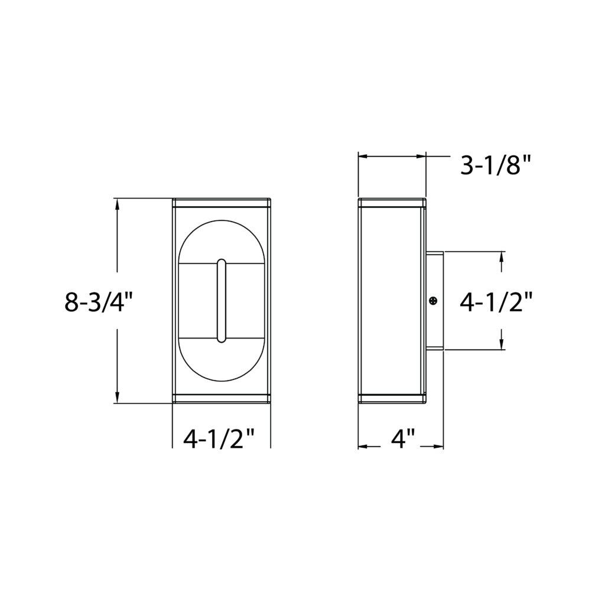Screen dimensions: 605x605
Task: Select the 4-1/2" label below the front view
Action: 219,440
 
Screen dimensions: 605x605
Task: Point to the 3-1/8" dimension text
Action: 496,166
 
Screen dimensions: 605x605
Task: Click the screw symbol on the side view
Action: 434,301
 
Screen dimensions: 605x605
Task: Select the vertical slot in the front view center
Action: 221,301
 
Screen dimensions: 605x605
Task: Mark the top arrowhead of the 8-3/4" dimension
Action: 118,204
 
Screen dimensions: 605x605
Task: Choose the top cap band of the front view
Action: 222,203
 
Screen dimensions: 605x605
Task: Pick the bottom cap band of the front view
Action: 222,398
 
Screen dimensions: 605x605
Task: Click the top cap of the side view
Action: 392,203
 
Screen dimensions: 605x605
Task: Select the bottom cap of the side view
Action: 392,398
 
